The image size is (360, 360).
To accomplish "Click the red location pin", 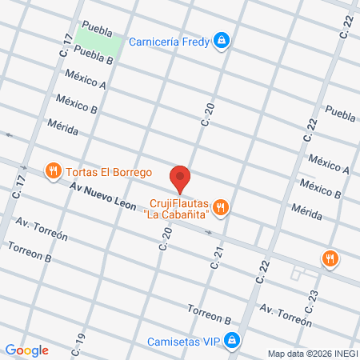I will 180,178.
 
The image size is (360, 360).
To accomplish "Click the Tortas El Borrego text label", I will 110,171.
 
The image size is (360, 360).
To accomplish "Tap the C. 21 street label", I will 216,257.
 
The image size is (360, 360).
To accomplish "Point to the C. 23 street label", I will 311,301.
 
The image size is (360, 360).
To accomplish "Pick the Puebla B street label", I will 93,54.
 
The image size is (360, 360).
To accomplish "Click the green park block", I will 99,45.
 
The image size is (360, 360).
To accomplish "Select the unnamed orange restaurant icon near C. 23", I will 329,258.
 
